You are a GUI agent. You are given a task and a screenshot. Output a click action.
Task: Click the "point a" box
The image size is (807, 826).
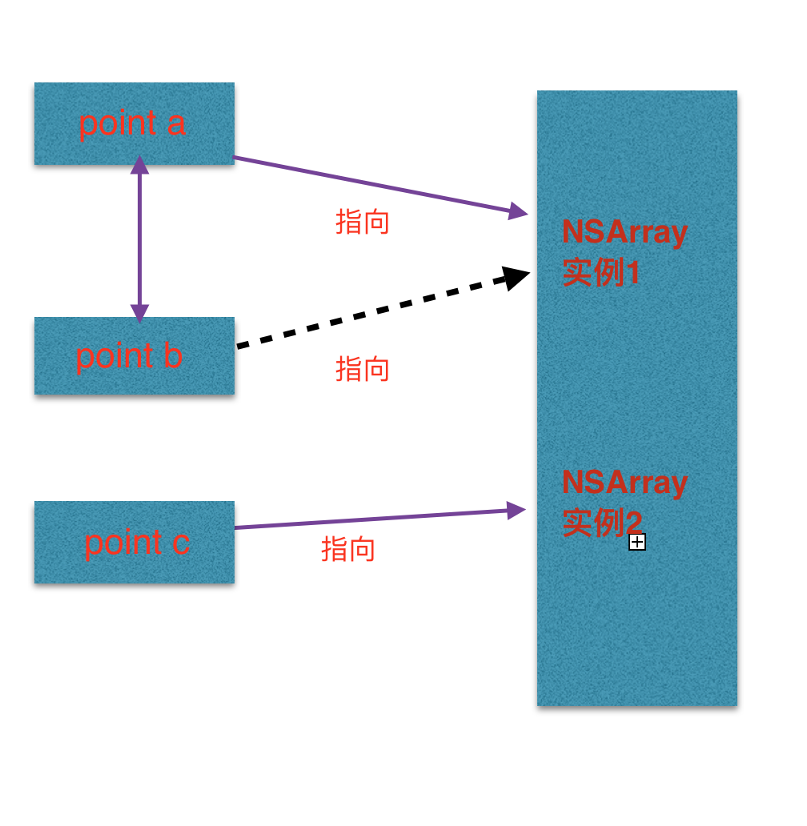coord(134,123)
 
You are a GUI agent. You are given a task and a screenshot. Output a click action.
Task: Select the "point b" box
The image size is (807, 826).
coord(134,355)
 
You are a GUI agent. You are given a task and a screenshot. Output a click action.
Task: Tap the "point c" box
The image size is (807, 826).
coord(134,542)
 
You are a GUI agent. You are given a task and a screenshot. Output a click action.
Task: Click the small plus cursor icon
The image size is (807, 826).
coord(637,543)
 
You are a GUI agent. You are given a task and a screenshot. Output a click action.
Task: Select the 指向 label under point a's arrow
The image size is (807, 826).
coord(362,222)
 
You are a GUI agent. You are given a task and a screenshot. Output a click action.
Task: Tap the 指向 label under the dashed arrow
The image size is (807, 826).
coord(362,369)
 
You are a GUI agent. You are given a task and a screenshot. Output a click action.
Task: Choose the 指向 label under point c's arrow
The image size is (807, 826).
coord(348,549)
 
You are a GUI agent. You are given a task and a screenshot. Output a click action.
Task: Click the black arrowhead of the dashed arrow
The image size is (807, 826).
coord(517,278)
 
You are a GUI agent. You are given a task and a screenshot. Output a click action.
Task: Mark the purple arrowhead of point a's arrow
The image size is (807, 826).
coord(518,212)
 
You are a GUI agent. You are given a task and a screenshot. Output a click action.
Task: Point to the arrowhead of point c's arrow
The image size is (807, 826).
coord(516,511)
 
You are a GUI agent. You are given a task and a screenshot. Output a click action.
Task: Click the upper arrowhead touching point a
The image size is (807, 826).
coord(140,165)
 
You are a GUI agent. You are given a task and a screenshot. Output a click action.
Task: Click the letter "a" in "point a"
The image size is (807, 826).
coord(176,124)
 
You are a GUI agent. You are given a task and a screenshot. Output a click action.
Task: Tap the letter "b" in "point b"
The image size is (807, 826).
coord(173,356)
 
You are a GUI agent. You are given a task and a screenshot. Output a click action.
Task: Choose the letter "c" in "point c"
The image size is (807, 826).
coord(181,543)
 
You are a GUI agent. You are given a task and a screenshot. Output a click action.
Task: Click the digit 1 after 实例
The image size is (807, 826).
coord(632,274)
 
